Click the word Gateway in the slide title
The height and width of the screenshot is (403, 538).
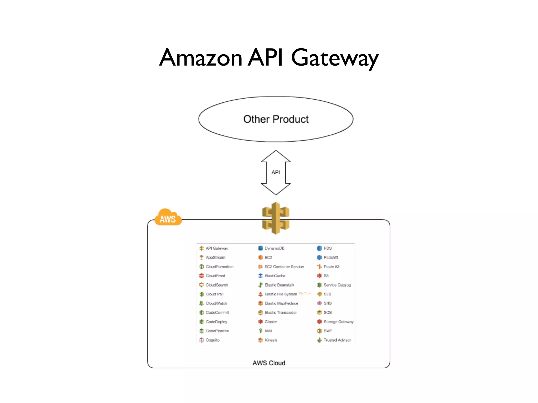click(x=335, y=58)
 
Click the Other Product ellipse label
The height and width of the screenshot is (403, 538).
click(x=276, y=119)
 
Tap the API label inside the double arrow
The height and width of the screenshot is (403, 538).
click(x=276, y=172)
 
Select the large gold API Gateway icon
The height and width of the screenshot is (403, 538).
click(x=276, y=218)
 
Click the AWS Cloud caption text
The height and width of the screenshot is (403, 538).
click(x=269, y=363)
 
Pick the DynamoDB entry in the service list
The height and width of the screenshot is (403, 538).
click(x=274, y=248)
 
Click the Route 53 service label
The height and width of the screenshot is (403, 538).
click(x=331, y=267)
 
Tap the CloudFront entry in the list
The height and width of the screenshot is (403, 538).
click(x=215, y=276)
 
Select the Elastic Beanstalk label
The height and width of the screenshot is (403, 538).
click(x=279, y=285)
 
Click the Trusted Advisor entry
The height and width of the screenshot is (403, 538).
click(x=337, y=340)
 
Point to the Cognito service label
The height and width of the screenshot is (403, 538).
click(x=212, y=340)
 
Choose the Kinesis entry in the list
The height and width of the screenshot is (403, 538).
click(x=271, y=340)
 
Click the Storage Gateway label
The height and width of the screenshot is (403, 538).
click(x=338, y=322)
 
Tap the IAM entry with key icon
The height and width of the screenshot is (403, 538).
click(x=268, y=331)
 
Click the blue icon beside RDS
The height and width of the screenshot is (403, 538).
click(x=319, y=248)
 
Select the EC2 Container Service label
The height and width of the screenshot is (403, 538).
click(x=284, y=267)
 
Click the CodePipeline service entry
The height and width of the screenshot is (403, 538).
click(x=217, y=331)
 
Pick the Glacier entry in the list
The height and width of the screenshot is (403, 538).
click(x=271, y=322)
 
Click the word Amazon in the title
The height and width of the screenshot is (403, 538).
click(x=201, y=58)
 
